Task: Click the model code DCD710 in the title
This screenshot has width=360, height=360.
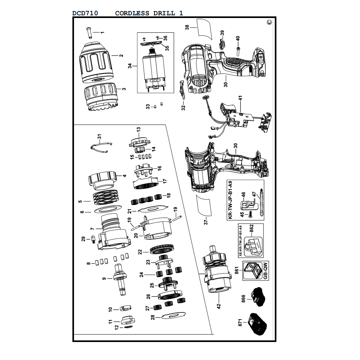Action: tap(85, 13)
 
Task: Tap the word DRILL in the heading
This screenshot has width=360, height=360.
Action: tap(164, 13)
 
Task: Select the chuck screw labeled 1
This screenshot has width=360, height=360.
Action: tap(89, 33)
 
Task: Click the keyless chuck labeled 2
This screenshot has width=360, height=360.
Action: tap(96, 62)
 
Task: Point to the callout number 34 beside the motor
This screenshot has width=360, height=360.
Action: tap(130, 66)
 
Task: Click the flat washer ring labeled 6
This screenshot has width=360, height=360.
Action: tap(108, 209)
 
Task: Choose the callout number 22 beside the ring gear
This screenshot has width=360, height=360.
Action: tap(140, 252)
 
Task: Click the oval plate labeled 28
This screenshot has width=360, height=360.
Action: tap(174, 316)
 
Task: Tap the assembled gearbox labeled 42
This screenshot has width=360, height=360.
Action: tap(217, 269)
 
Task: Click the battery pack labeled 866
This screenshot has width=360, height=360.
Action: tap(258, 296)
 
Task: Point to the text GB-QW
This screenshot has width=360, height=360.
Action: tap(266, 271)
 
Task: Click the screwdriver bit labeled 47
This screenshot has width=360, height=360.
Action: tap(261, 202)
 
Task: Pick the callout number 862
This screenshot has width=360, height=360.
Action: tap(252, 229)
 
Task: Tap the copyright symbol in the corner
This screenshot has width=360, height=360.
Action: tap(270, 22)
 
